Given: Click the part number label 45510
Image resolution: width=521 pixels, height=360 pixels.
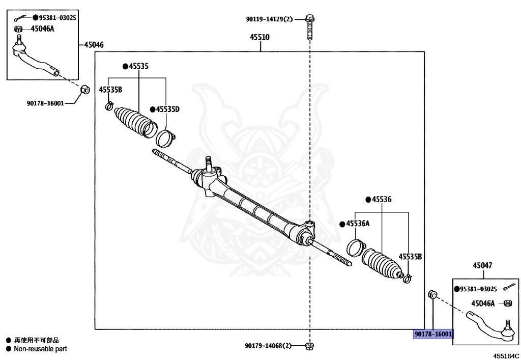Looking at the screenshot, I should (259, 37).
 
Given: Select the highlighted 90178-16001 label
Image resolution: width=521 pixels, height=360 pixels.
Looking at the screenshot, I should (433, 334).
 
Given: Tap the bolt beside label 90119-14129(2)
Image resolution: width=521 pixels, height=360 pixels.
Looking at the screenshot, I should (309, 28).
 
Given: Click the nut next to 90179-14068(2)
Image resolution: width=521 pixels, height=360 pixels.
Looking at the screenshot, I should (309, 346).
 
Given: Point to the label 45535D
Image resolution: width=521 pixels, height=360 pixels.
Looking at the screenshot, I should (167, 109).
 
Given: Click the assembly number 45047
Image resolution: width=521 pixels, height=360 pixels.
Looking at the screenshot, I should (482, 265).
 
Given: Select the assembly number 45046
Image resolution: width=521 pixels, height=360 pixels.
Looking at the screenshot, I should (94, 45).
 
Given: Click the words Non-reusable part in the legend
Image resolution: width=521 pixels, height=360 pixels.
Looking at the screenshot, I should (40, 349).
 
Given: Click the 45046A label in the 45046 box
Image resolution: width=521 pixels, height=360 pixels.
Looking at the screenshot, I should (42, 29).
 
